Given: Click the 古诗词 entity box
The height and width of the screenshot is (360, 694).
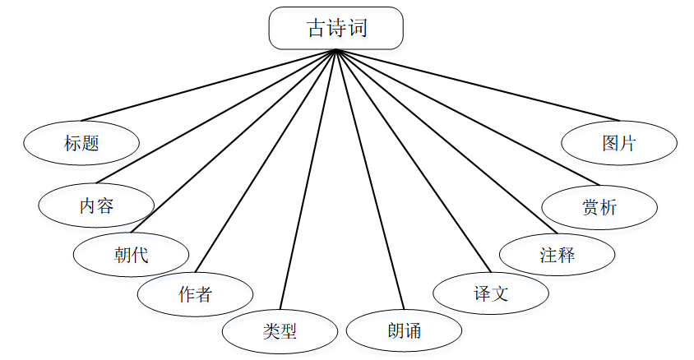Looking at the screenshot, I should pos(336,28).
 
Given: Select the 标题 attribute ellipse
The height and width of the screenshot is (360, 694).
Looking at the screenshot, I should pos(81,143).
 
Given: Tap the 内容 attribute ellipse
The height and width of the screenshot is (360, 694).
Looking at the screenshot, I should pos(96,205).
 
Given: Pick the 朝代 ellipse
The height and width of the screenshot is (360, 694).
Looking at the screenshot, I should pos(131,255).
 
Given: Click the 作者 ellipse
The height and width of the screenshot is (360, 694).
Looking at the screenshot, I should pos(195,293).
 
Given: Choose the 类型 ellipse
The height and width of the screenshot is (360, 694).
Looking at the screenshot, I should pos(280,331).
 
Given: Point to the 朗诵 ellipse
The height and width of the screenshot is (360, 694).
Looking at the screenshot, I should pos(404,331).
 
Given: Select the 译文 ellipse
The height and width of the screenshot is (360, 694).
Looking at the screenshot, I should pos(491,293).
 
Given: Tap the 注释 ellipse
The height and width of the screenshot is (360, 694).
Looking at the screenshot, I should pos(557,255).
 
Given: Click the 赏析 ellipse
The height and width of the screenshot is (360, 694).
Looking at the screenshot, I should pos(599,207).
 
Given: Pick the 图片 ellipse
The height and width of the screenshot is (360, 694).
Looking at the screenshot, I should pos(619,143).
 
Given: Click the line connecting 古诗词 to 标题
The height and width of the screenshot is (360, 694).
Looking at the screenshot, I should pos(208,85).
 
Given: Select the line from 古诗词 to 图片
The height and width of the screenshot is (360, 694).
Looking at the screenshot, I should pos(477,85).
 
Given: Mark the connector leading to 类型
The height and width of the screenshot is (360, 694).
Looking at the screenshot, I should pos(308,181).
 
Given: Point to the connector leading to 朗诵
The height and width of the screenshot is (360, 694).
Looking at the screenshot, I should pos(370,181).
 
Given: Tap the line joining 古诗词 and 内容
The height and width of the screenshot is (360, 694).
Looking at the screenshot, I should pos(215,117).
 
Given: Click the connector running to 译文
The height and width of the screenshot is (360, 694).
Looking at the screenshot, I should pos(413,160).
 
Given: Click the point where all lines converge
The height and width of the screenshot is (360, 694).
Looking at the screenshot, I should pos(335,50).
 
